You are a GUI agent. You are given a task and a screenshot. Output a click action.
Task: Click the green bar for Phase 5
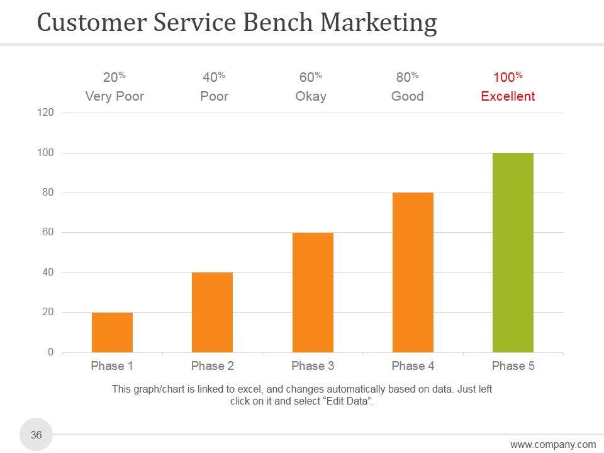[x=513, y=252]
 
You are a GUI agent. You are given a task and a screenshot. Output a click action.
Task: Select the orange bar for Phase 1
[x=112, y=332]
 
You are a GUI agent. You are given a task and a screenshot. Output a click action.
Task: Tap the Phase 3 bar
[x=313, y=293]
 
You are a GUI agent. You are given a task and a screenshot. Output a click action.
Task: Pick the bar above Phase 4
[x=413, y=272]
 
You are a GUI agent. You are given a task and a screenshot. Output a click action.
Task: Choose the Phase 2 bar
[x=212, y=312]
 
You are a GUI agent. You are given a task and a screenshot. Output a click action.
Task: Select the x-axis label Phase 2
[x=213, y=366]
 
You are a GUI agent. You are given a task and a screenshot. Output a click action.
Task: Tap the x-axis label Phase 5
[x=513, y=366]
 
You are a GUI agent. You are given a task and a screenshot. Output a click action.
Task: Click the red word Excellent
[x=508, y=96]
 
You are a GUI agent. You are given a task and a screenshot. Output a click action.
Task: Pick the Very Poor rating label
[x=115, y=96]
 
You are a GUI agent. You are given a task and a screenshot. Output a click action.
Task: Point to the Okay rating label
[x=311, y=96]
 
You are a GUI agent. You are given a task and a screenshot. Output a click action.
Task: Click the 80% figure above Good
[x=407, y=77]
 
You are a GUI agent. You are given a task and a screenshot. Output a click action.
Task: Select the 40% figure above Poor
[x=214, y=77]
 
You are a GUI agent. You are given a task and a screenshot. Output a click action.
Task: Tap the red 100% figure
[x=508, y=77]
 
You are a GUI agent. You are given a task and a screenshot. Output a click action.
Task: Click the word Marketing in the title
[x=378, y=23]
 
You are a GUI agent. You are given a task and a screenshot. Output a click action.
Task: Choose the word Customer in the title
[x=91, y=23]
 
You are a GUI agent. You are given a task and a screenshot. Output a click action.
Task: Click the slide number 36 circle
[x=36, y=435]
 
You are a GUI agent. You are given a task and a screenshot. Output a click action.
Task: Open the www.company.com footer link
[x=553, y=445]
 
